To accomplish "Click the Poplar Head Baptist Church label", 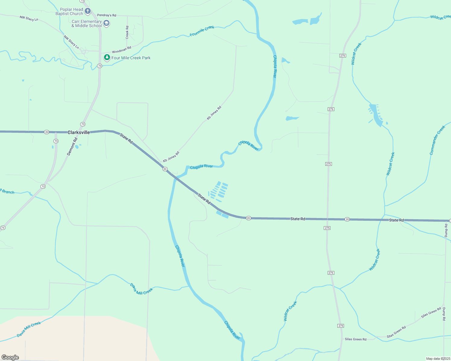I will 69,11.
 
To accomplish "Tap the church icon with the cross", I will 88,11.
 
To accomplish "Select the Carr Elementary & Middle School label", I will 87,23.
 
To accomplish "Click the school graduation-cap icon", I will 106,23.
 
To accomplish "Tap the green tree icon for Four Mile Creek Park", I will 107,57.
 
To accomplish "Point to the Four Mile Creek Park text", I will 131,58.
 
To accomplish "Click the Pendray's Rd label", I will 106,15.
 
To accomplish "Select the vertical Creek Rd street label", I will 127,32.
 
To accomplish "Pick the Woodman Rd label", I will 121,50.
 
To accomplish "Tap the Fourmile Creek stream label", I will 202,31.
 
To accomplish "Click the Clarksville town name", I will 79,132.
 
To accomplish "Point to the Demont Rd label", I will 72,147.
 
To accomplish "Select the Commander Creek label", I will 437,140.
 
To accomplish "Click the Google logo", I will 10,357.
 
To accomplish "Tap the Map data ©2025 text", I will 438,359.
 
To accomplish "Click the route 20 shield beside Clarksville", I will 46,132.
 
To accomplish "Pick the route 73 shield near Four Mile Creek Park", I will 99,66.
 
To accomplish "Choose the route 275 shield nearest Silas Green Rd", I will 341,326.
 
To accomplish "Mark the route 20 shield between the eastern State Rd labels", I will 347,219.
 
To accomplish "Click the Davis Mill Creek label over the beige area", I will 29,329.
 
